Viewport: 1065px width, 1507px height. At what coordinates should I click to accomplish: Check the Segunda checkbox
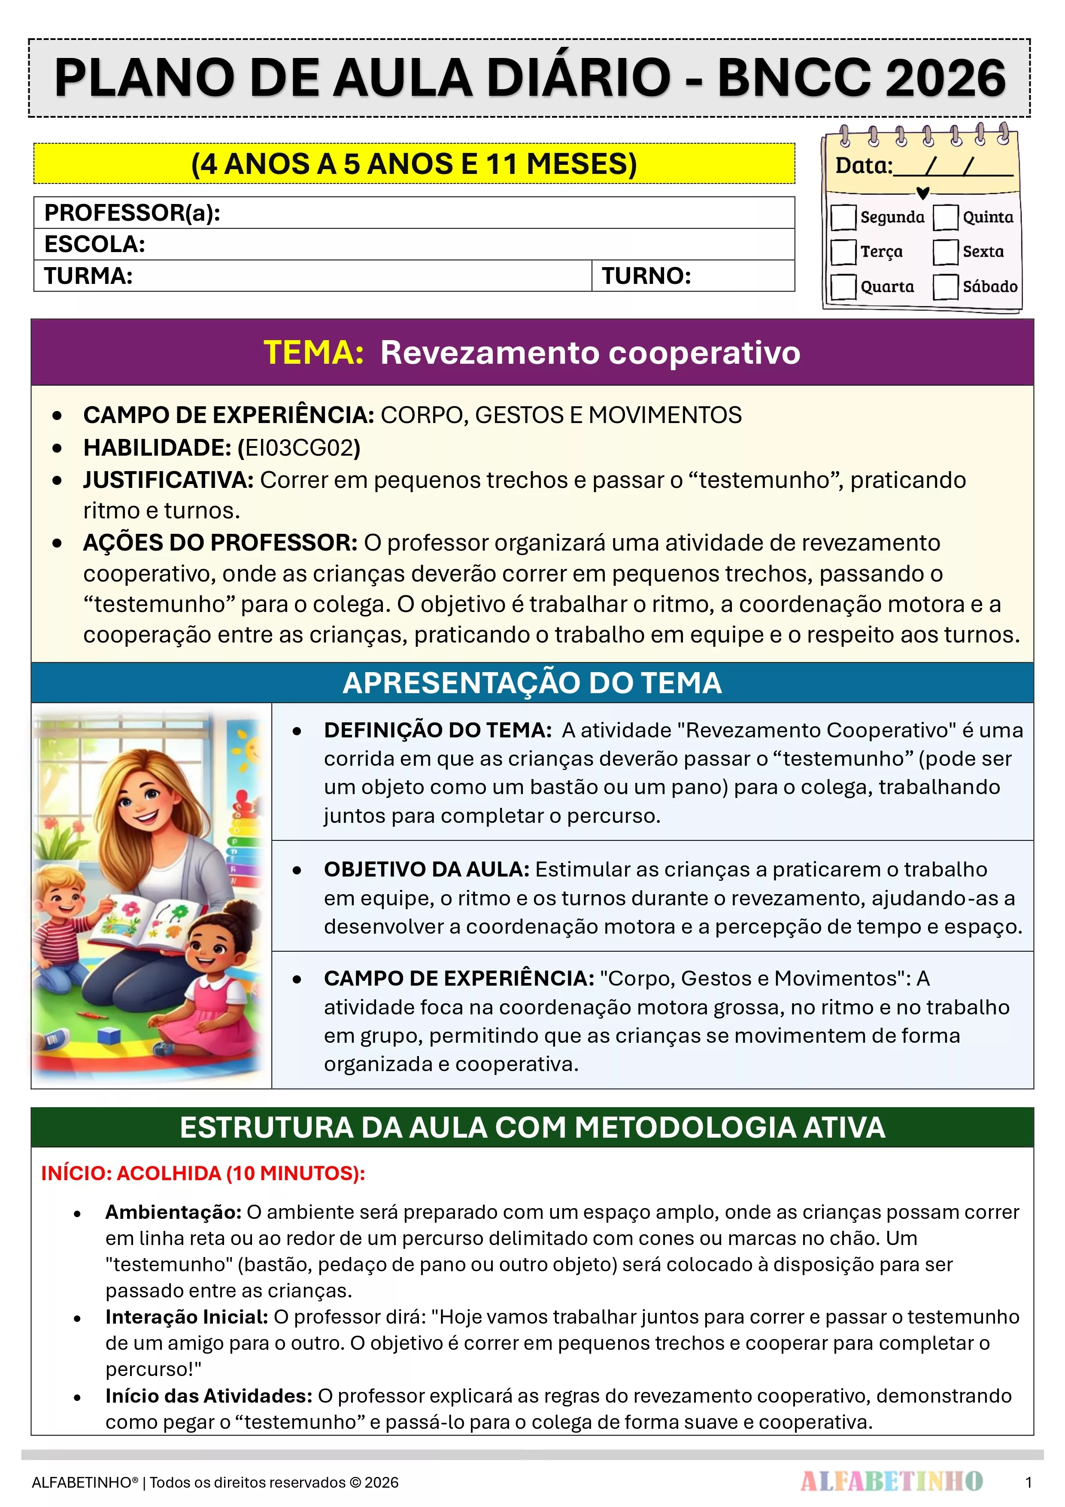pos(843,217)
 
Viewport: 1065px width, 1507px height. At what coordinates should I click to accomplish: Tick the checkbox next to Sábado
pos(946,287)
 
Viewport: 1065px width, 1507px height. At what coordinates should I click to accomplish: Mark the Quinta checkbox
pos(946,217)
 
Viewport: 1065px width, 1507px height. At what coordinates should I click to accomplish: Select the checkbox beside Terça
pos(843,252)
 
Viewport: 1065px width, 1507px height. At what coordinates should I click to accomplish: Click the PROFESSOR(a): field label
pos(132,213)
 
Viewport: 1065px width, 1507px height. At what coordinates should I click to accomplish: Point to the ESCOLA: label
pos(94,244)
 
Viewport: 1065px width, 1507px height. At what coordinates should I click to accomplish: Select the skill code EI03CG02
pos(299,448)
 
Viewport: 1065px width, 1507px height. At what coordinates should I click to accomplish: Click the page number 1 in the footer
pos(1028,1482)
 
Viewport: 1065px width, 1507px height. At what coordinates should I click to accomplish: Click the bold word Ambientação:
pos(173,1212)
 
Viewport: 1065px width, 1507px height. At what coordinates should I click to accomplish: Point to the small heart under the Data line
pos(922,193)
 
